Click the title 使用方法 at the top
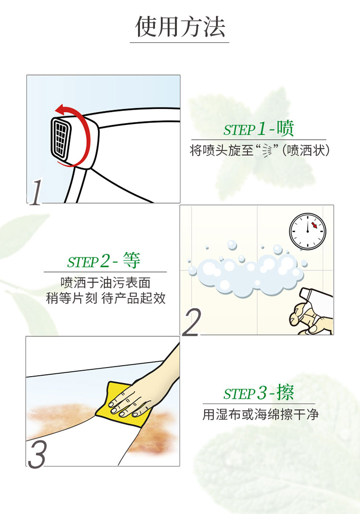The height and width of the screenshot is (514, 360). coord(180,26)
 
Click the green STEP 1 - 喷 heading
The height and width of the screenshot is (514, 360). coord(259,129)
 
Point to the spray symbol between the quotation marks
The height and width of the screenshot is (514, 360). coord(267,151)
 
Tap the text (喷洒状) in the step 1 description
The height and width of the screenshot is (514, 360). coord(306,150)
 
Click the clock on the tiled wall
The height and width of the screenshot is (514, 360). coord(308,232)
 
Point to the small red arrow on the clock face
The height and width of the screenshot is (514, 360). coord(314,225)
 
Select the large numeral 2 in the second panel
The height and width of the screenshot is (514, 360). coord(192,322)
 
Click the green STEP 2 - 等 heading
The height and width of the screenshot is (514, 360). coord(104,261)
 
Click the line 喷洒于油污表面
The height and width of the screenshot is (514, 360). coord(106,282)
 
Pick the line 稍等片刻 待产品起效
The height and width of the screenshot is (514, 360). coord(106,298)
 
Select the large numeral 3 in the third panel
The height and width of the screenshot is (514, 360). coord(37,454)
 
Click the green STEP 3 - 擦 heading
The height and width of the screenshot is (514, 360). coord(259,392)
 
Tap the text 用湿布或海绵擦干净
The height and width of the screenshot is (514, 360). coord(261,415)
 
